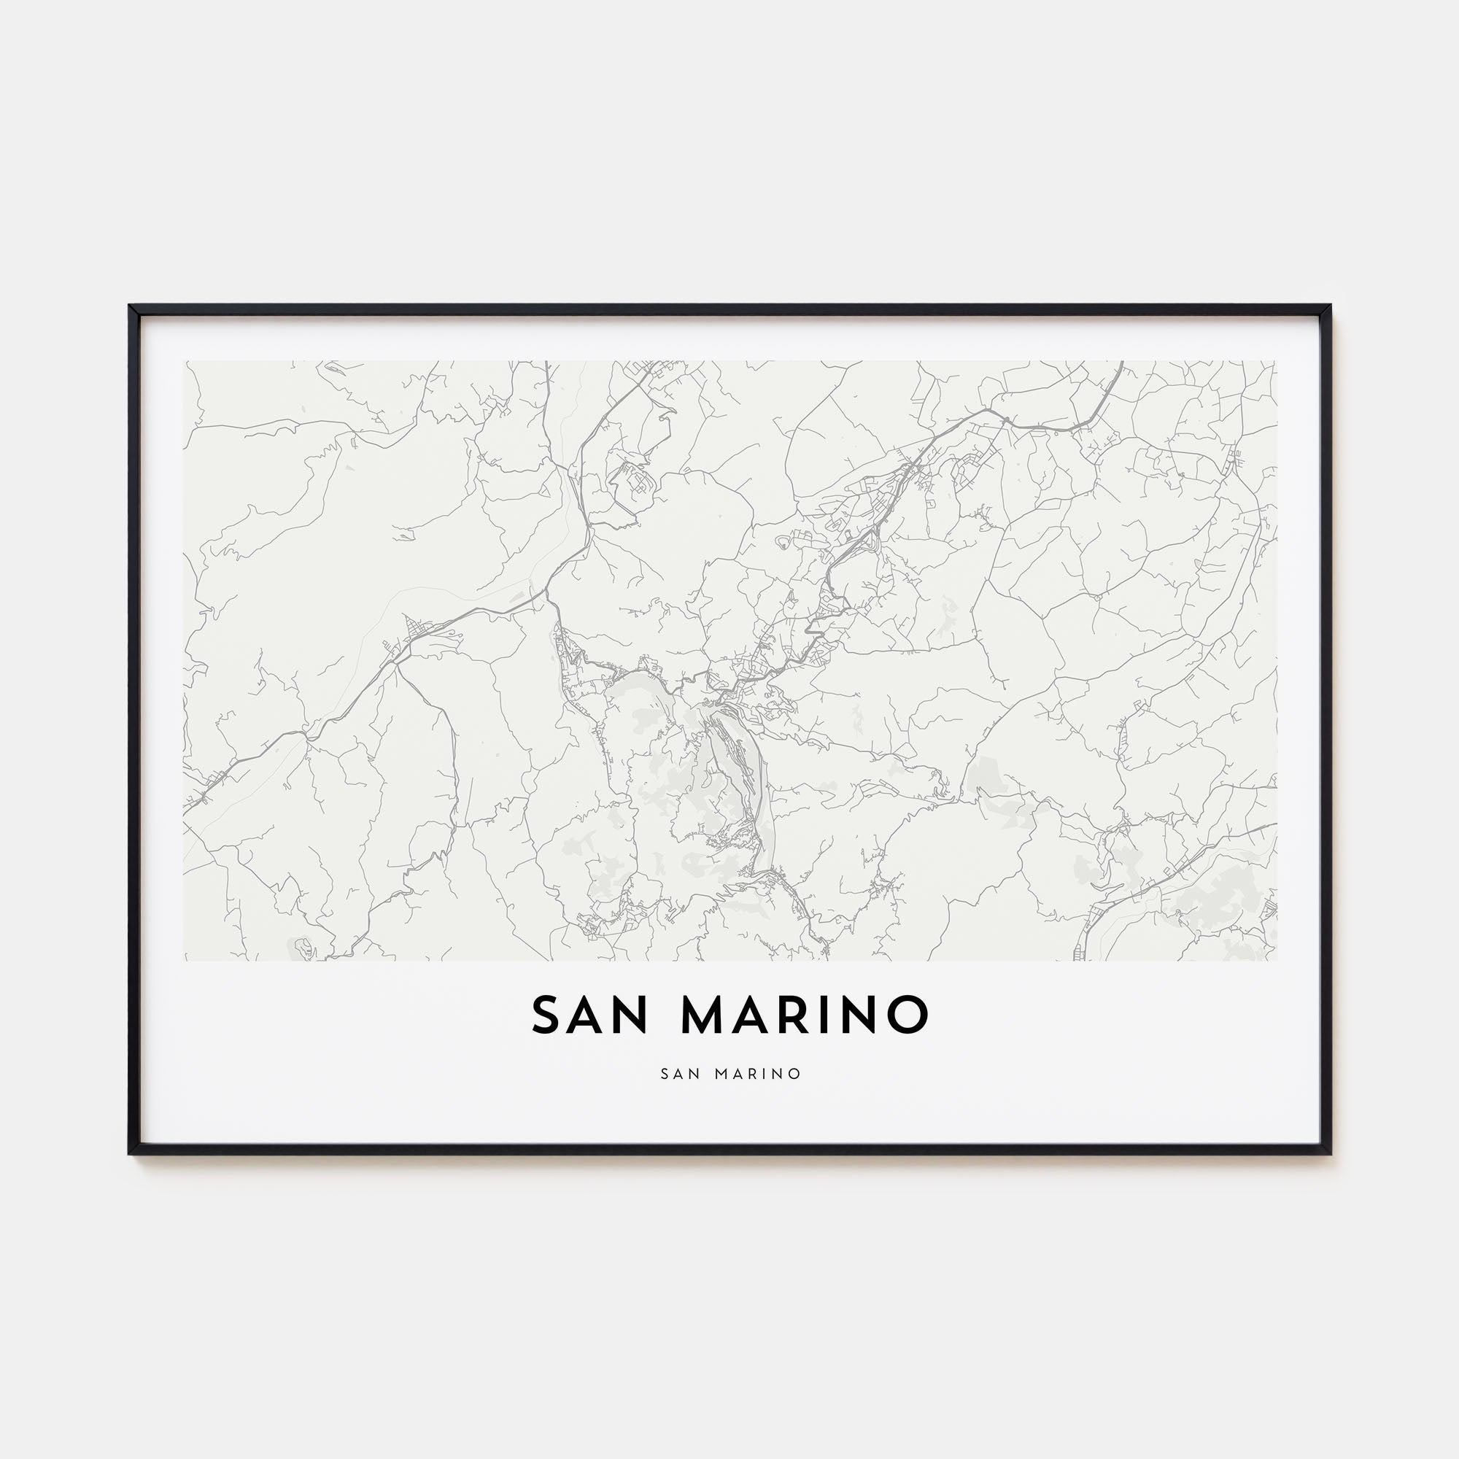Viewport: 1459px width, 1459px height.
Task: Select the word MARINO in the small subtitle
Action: click(757, 1073)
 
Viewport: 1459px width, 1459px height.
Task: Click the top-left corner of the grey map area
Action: click(185, 362)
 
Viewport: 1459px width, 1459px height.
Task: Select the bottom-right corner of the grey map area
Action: click(1276, 960)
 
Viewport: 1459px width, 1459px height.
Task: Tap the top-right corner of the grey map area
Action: click(1276, 362)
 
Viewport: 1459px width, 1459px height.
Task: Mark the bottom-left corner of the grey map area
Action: click(185, 960)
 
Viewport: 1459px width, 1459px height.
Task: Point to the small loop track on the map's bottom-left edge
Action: click(302, 945)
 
